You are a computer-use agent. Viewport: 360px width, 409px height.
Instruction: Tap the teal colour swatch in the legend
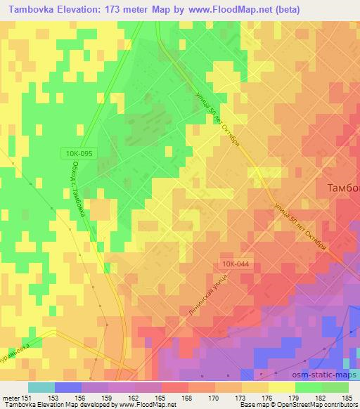coord(41,387)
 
